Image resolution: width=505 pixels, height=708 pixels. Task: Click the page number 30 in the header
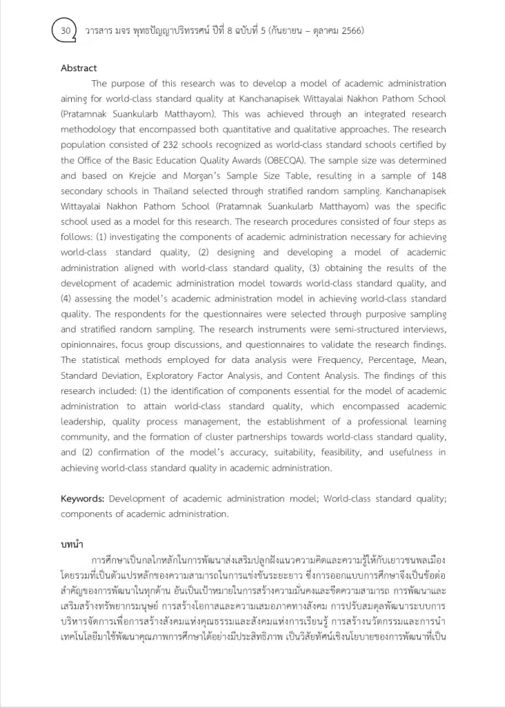point(66,30)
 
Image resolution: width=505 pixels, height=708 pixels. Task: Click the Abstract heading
point(79,68)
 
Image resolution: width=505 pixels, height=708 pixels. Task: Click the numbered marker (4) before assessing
point(69,299)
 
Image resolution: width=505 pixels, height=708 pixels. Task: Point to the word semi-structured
point(376,329)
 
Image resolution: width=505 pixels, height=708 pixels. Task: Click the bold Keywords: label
point(82,499)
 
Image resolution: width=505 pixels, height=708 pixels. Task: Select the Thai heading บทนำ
point(73,545)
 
